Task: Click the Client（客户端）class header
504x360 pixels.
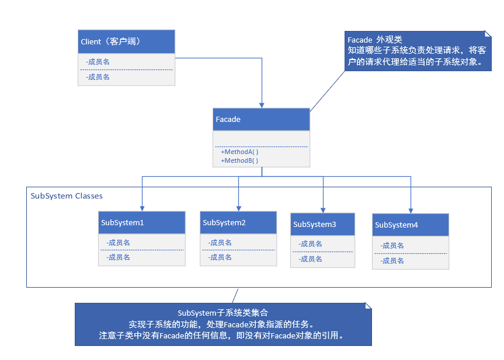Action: pos(126,42)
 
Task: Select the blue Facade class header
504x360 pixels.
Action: pos(262,120)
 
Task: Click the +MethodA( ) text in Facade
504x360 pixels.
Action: pos(239,152)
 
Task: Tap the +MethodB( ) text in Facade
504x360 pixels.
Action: pos(239,160)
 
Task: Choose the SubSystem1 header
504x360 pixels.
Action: pos(141,223)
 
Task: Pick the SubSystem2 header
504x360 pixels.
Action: pos(238,223)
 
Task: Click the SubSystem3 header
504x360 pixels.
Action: pos(322,225)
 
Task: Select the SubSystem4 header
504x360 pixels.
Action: pos(411,225)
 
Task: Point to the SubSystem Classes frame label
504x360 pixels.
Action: pos(67,196)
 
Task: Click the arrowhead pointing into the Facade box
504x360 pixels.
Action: pos(262,105)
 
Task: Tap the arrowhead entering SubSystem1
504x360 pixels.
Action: pos(142,208)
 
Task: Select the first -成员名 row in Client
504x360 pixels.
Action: pos(98,61)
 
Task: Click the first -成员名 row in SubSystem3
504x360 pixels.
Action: pos(310,244)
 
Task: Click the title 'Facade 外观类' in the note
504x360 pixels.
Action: pos(374,40)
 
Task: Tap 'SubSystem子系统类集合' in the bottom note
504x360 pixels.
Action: pos(223,313)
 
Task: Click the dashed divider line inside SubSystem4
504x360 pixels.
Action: pos(411,253)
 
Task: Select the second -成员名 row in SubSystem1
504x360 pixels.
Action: pos(118,257)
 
